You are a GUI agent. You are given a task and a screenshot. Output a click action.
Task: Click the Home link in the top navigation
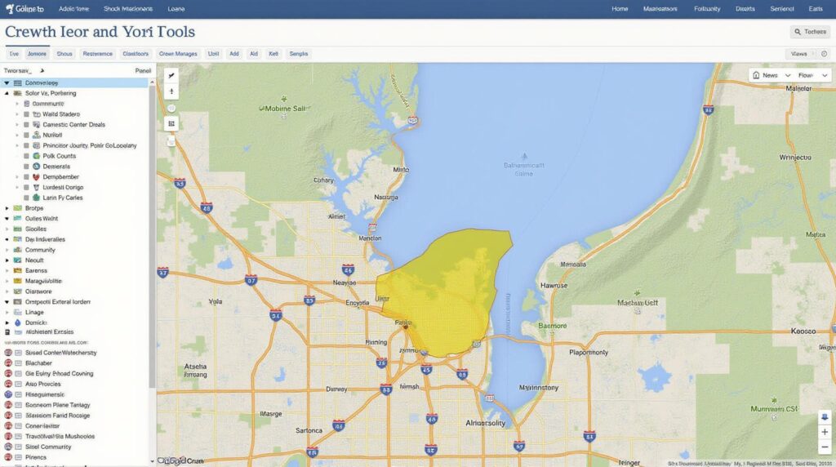(620, 9)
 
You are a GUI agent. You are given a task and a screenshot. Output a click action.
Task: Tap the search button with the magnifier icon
(810, 32)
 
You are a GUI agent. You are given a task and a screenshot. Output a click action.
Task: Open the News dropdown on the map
(770, 75)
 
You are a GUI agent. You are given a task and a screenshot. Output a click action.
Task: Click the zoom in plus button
(825, 431)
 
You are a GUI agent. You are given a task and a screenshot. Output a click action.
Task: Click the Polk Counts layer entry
(59, 156)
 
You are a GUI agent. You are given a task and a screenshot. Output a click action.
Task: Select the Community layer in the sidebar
(40, 250)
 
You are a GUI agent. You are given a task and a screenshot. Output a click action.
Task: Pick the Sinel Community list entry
(48, 447)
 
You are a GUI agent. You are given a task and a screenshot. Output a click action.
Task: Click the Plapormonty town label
(589, 353)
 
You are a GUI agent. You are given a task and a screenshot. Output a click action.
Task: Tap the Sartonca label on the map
(309, 429)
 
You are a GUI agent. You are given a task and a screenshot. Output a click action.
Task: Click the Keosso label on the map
(804, 331)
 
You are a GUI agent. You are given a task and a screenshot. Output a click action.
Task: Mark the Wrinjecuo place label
(796, 157)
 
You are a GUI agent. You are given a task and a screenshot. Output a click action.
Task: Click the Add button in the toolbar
(234, 54)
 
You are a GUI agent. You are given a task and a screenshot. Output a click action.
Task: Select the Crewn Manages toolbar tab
(178, 54)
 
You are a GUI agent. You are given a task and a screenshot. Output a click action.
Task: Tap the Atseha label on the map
(195, 367)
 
